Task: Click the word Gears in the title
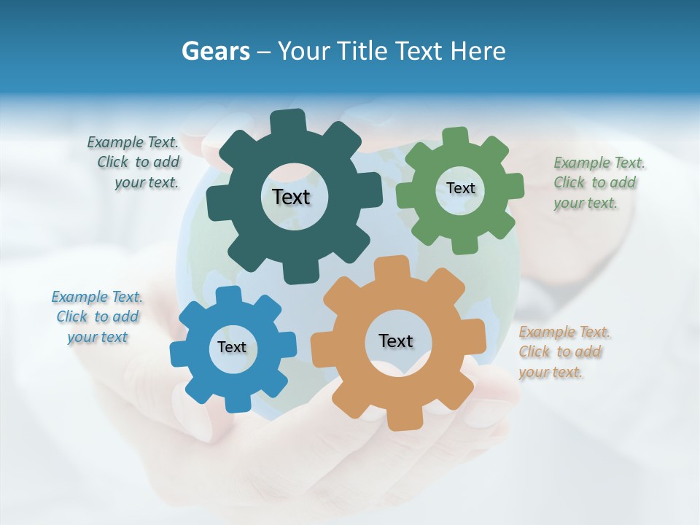tap(215, 51)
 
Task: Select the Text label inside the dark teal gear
tap(291, 197)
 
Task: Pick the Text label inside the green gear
tap(460, 188)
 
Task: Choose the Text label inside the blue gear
tap(232, 347)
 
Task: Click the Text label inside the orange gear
tap(396, 341)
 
